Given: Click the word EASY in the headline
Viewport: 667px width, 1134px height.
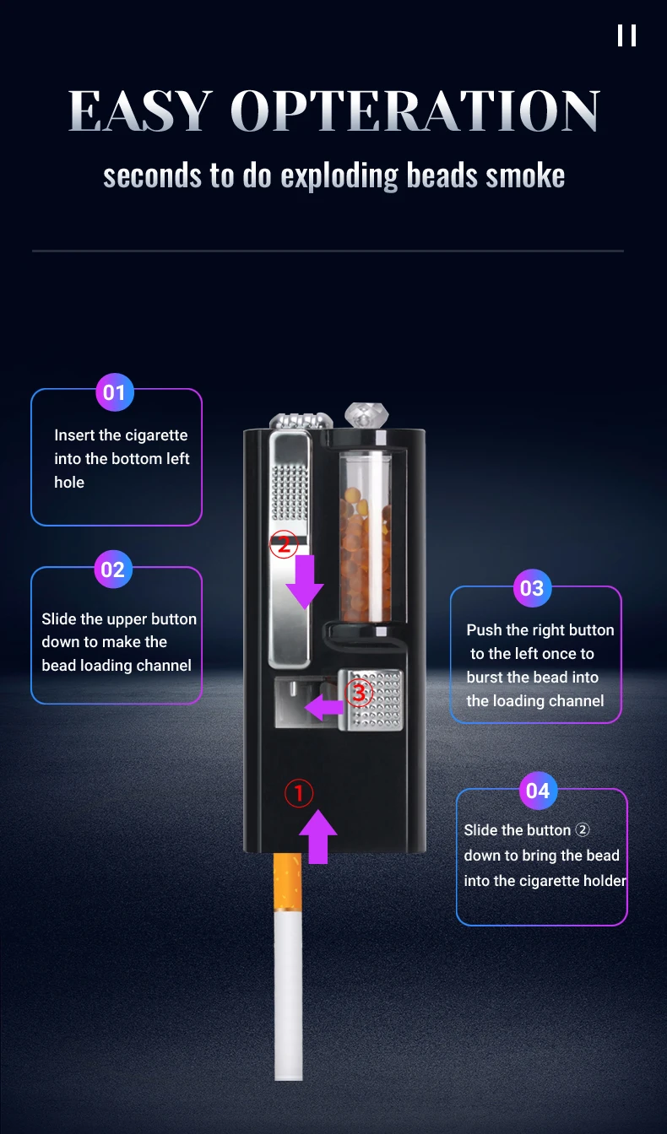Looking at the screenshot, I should pyautogui.click(x=140, y=111).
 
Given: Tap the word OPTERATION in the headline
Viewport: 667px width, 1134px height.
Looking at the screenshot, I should pyautogui.click(x=415, y=111).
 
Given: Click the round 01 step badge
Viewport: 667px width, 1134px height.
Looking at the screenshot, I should pyautogui.click(x=114, y=392).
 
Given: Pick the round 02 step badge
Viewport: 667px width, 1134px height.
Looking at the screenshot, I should pyautogui.click(x=112, y=570).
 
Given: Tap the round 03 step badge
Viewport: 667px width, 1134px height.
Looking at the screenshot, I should pyautogui.click(x=532, y=588).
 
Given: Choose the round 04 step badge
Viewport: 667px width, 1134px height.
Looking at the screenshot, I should pyautogui.click(x=538, y=791).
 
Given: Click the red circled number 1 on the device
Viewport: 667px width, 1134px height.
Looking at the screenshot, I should pyautogui.click(x=299, y=793).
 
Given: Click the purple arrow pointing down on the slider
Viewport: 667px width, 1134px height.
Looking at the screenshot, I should pyautogui.click(x=304, y=582).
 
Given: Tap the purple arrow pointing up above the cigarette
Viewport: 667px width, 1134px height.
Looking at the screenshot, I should pyautogui.click(x=317, y=835).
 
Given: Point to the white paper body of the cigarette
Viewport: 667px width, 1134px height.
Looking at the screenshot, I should pyautogui.click(x=288, y=996).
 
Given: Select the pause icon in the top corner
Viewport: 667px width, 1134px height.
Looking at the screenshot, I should pyautogui.click(x=626, y=35).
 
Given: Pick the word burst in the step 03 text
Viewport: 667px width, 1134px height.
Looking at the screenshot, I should pyautogui.click(x=485, y=678).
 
